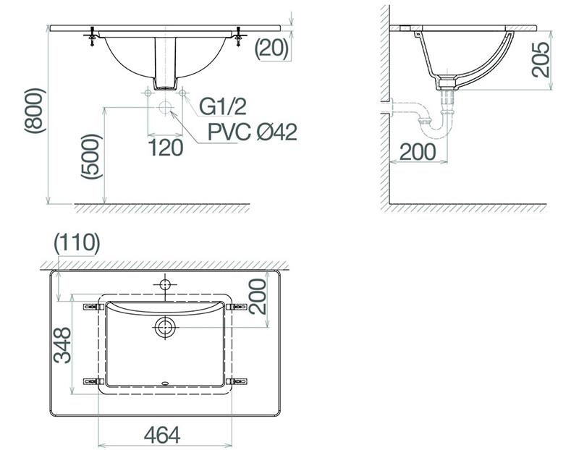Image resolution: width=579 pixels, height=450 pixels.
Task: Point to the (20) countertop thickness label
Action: tap(272, 48)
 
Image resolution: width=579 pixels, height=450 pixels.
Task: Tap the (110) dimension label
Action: tap(76, 243)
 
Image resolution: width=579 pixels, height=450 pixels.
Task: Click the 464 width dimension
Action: tap(162, 434)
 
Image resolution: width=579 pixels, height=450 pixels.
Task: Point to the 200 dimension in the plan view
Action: tap(257, 297)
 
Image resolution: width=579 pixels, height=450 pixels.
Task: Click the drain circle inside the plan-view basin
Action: tap(165, 328)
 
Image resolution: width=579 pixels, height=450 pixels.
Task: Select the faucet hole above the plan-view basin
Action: tap(165, 284)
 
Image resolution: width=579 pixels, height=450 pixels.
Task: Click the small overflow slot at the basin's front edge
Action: tap(165, 383)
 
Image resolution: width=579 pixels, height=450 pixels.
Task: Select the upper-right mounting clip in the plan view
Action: tap(235, 307)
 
